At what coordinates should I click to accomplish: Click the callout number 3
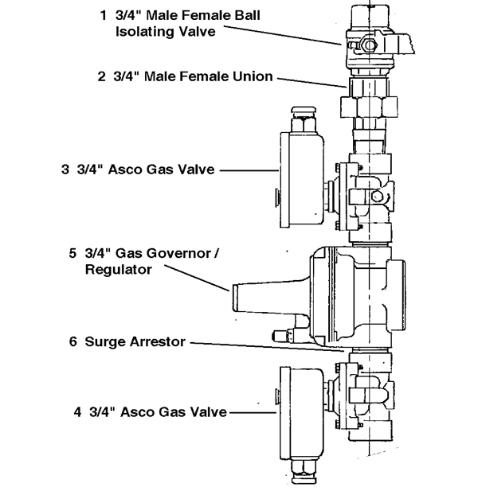click(x=65, y=170)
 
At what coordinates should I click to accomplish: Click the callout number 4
click(x=78, y=411)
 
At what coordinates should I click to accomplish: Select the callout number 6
click(x=72, y=341)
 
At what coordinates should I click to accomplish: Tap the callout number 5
click(x=72, y=254)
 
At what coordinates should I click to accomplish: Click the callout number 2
click(x=101, y=77)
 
